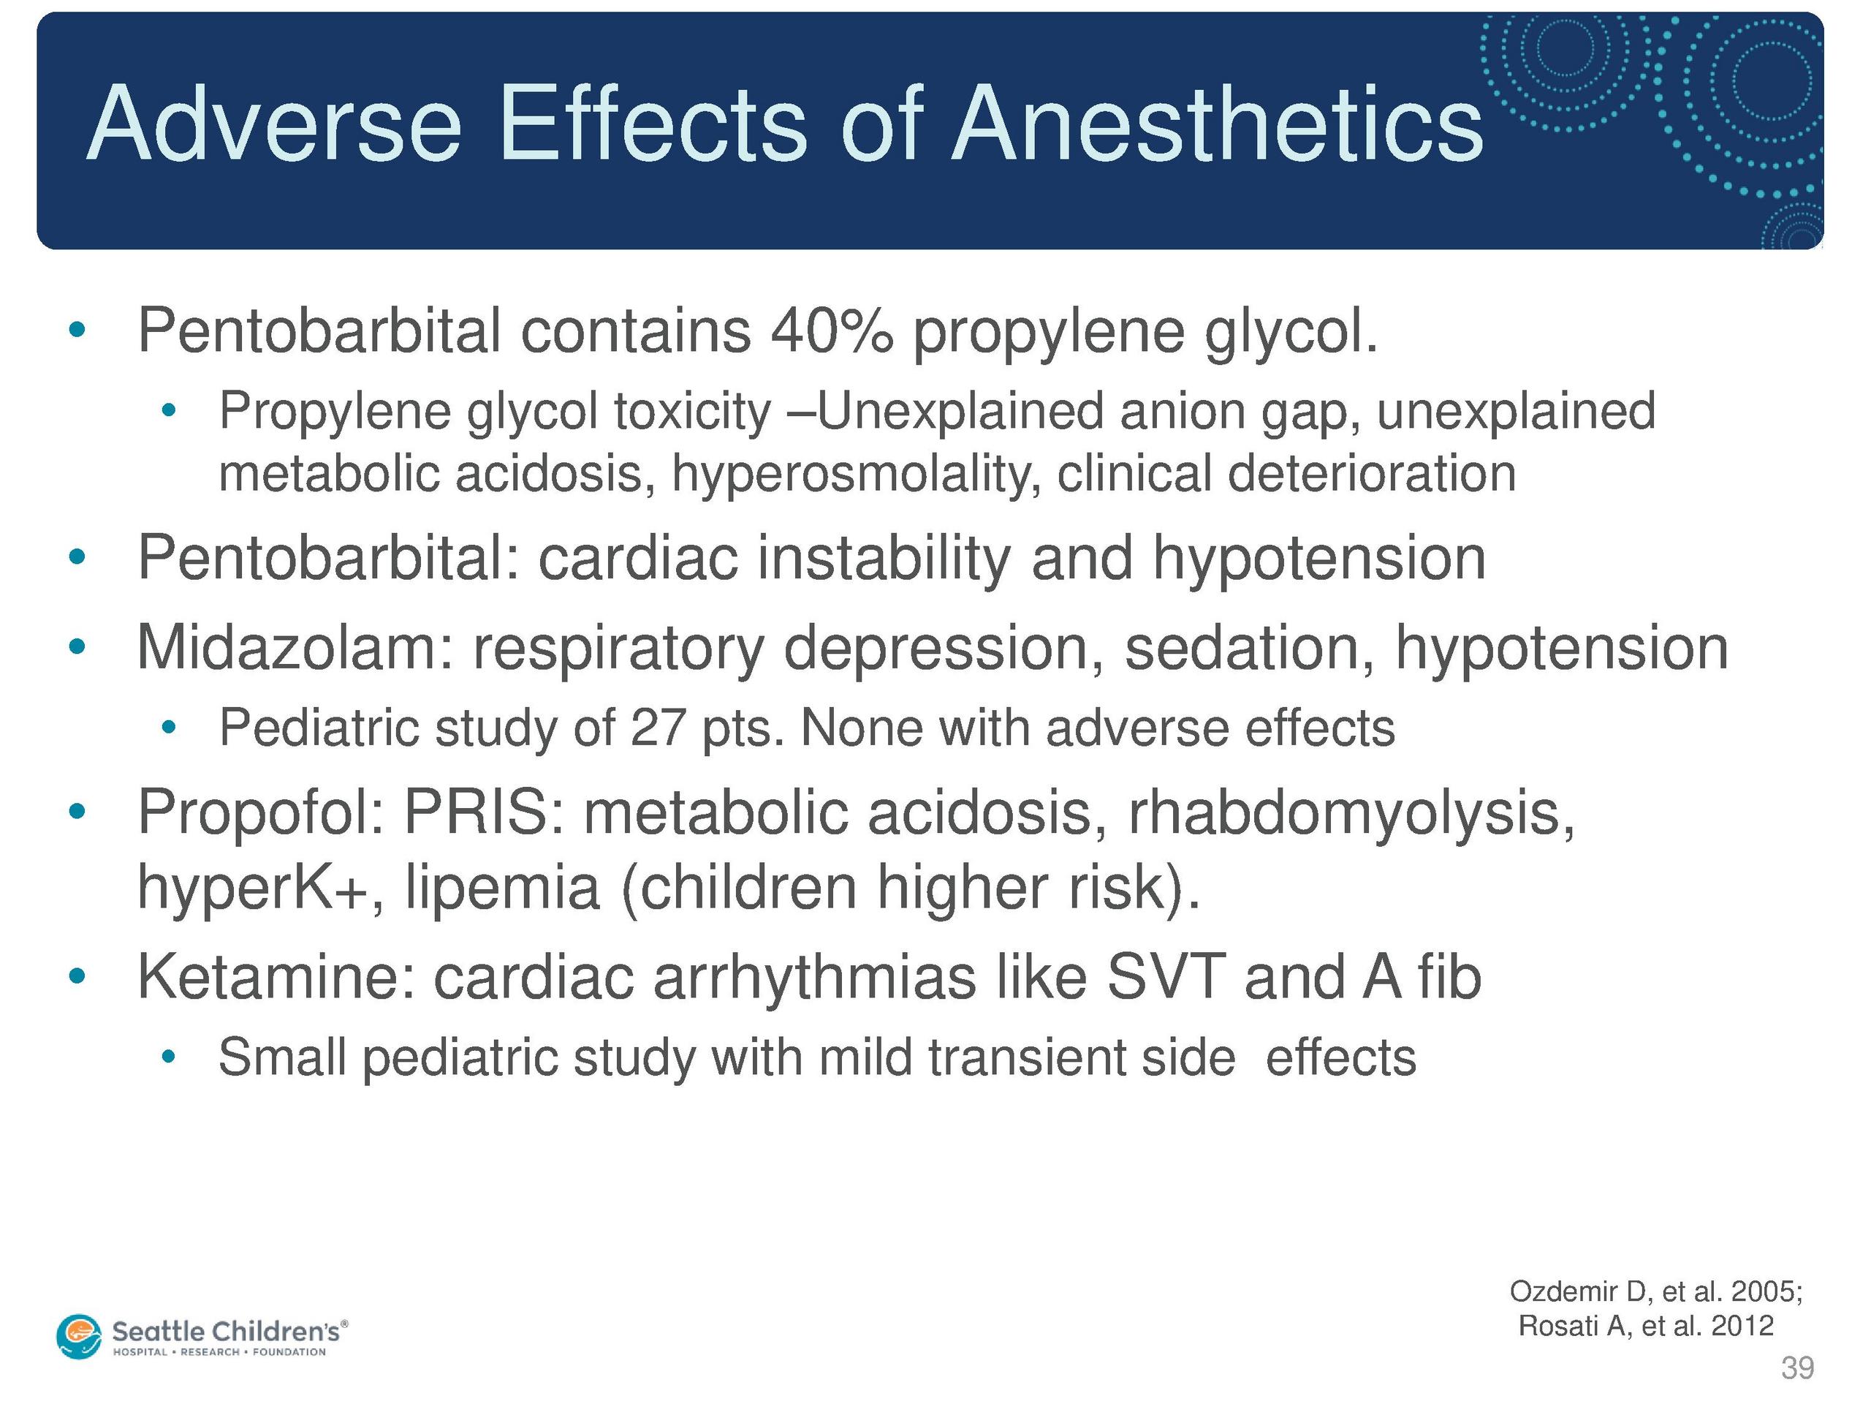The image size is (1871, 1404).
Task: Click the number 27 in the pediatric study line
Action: coord(657,728)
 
